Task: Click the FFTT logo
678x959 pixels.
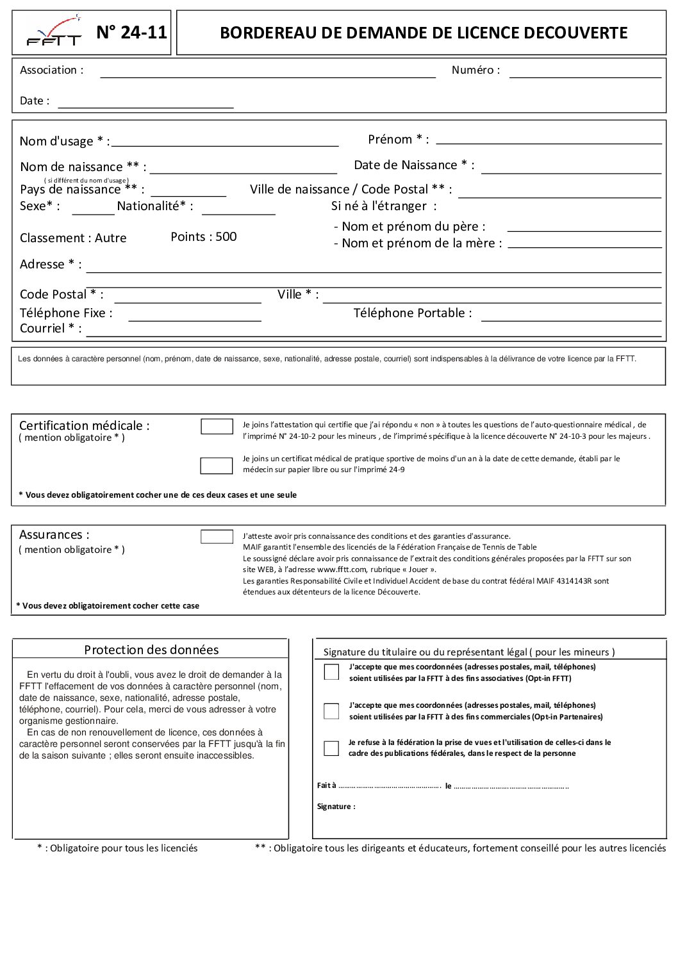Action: [x=54, y=33]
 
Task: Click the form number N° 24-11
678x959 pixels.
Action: [x=131, y=33]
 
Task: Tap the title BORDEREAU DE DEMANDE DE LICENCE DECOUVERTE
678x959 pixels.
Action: [x=423, y=33]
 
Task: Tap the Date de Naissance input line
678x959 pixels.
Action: [x=570, y=168]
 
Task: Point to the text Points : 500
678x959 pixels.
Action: [x=204, y=237]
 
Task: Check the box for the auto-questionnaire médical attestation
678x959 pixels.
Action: [x=217, y=427]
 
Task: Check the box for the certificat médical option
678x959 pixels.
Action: [x=216, y=466]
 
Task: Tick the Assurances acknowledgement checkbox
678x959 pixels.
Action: [x=217, y=537]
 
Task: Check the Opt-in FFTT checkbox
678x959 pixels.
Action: [x=331, y=672]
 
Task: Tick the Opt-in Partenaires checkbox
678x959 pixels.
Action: [x=331, y=711]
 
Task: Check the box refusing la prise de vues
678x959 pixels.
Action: [x=331, y=748]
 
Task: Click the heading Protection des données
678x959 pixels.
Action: [x=151, y=650]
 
